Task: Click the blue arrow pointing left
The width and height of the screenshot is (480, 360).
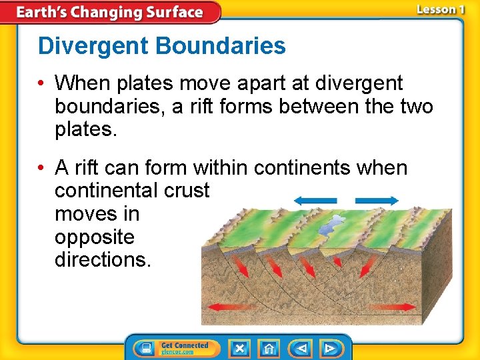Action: tap(315, 200)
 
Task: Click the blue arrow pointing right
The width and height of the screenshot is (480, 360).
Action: tap(377, 200)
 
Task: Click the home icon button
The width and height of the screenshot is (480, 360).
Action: tap(269, 348)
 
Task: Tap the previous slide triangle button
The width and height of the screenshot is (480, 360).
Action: tap(301, 348)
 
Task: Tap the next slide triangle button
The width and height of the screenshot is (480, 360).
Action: tap(330, 348)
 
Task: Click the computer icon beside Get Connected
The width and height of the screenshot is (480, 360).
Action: tap(145, 348)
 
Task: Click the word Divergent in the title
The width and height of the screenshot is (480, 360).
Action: tap(93, 47)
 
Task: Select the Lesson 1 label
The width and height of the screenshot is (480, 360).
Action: tap(440, 9)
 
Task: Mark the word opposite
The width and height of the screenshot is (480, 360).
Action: tap(94, 237)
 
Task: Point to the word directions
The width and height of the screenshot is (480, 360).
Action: tap(103, 260)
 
